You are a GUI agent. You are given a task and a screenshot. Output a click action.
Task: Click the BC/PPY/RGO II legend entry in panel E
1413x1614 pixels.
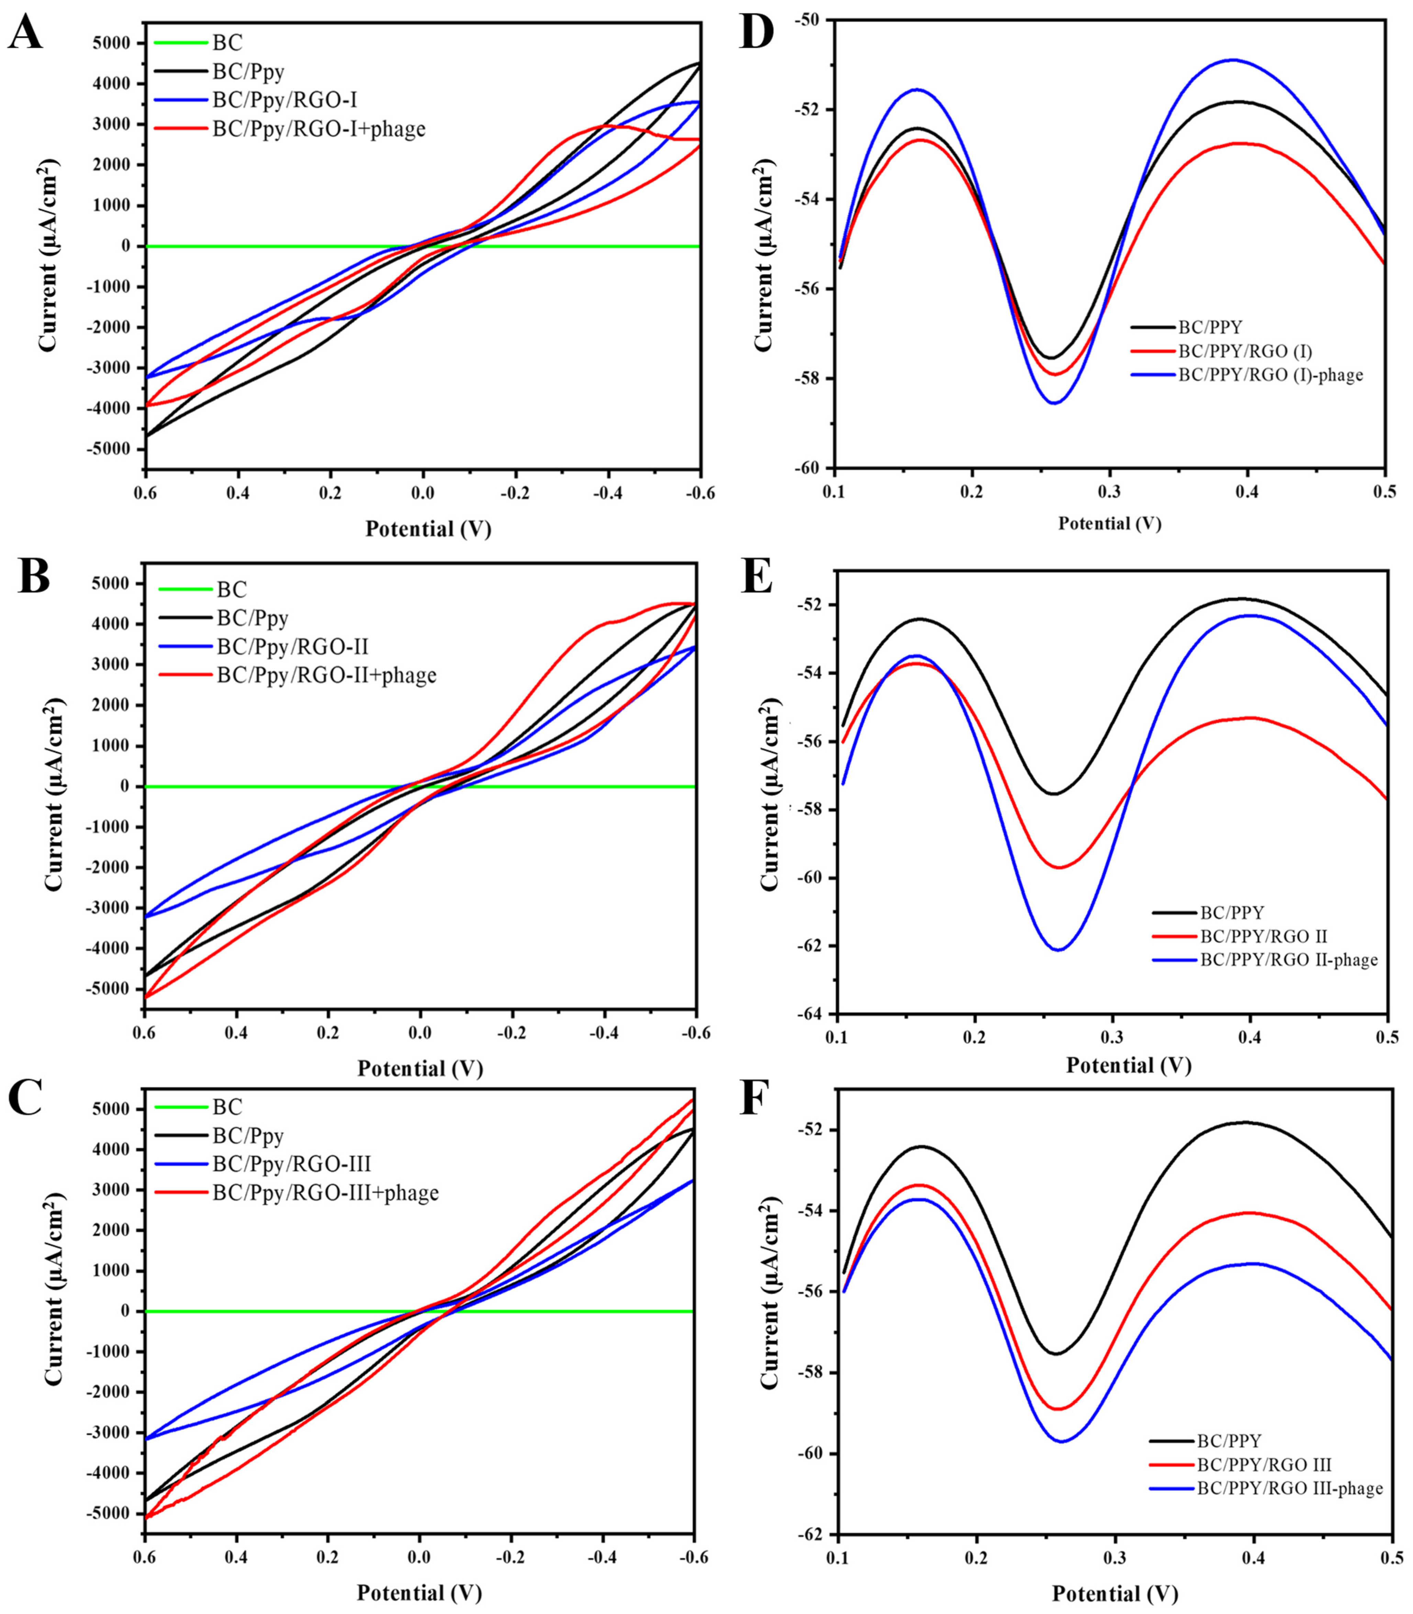coord(1263,937)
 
